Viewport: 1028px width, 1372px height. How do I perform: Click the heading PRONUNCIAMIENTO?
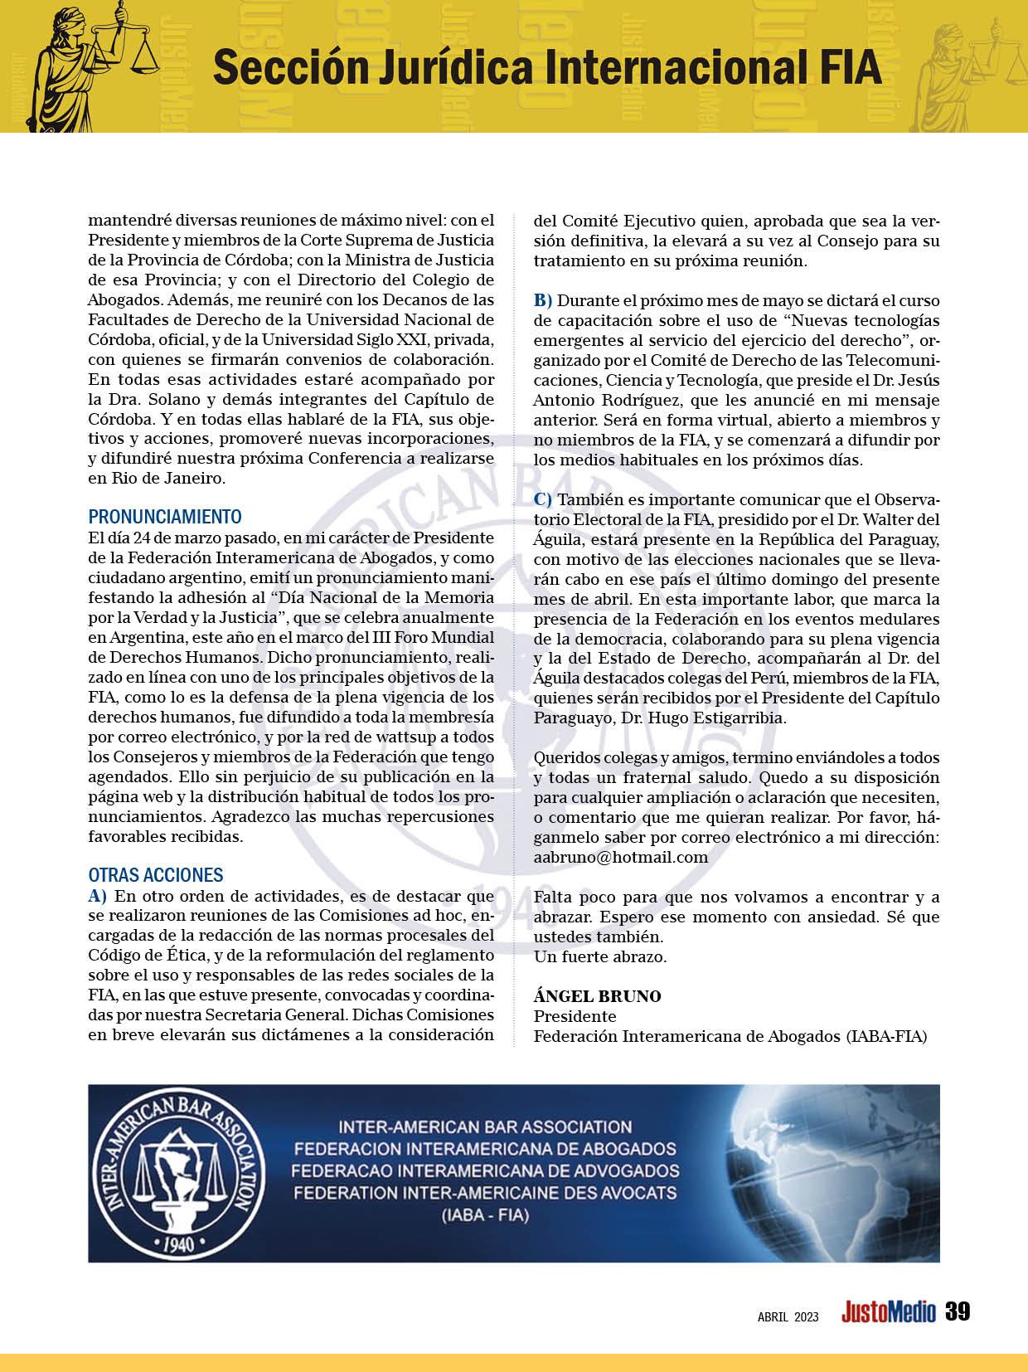point(165,517)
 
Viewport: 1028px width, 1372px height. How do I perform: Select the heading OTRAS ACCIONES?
point(156,875)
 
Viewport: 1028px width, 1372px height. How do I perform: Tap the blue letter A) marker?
point(98,895)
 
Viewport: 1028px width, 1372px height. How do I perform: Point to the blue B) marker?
point(542,300)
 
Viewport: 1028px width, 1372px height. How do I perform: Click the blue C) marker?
point(542,499)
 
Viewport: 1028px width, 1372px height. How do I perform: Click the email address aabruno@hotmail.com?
point(620,857)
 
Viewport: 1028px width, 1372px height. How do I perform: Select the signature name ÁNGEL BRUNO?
point(597,996)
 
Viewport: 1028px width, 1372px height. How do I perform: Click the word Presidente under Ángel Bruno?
point(575,1016)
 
